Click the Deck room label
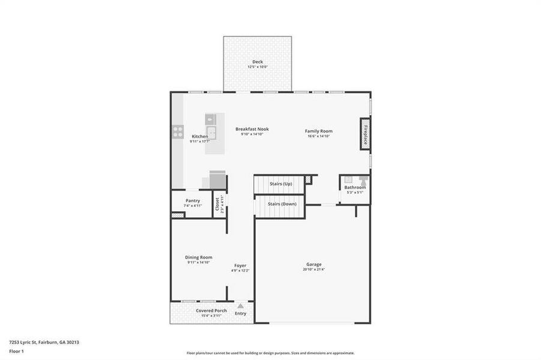[258, 62]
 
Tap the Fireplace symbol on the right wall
[364, 133]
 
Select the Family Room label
[318, 131]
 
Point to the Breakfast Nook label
[252, 129]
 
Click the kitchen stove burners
[178, 131]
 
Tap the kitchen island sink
[211, 131]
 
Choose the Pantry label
[193, 200]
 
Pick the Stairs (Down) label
[281, 204]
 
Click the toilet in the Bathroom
[363, 180]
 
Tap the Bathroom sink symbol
[348, 179]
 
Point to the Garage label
[313, 264]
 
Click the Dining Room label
[199, 257]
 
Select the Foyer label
[240, 265]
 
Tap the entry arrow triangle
[240, 306]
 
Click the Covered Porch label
[211, 310]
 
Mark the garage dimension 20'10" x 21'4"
[313, 270]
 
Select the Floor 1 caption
[17, 351]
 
